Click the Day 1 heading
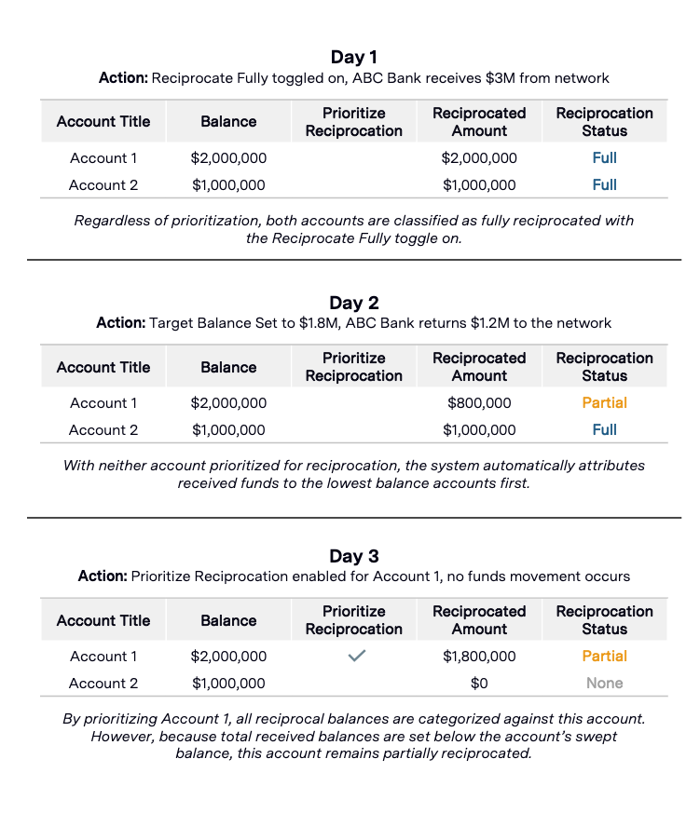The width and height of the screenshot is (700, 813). pyautogui.click(x=353, y=58)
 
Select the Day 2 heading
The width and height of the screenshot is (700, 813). pyautogui.click(x=353, y=303)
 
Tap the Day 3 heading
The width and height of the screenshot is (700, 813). pyautogui.click(x=353, y=556)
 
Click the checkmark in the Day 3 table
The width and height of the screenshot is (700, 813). pyautogui.click(x=354, y=656)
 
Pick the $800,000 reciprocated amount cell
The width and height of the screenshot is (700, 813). pyautogui.click(x=479, y=403)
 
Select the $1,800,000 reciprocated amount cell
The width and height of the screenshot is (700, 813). pyautogui.click(x=479, y=657)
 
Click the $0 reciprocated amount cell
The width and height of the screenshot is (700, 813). pyautogui.click(x=479, y=684)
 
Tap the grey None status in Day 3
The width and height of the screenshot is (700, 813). pyautogui.click(x=604, y=684)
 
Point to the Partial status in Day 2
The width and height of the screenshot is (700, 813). pyautogui.click(x=604, y=403)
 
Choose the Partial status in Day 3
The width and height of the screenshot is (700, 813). pyautogui.click(x=604, y=657)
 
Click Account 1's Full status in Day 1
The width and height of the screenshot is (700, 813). pyautogui.click(x=604, y=158)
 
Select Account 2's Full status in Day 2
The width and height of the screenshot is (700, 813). pyautogui.click(x=604, y=430)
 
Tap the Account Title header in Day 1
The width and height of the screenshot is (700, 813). pyautogui.click(x=103, y=122)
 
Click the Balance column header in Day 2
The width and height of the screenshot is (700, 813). pyautogui.click(x=228, y=367)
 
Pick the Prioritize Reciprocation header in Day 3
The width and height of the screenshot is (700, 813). pyautogui.click(x=354, y=620)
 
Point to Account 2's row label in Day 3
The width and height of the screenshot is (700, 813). pyautogui.click(x=103, y=684)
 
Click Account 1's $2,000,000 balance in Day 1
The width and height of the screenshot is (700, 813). pyautogui.click(x=228, y=158)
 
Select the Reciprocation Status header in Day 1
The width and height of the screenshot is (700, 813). pyautogui.click(x=604, y=122)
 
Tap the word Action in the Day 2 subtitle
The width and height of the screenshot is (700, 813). pyautogui.click(x=117, y=323)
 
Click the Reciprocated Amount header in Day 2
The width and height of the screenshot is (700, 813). pyautogui.click(x=479, y=367)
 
